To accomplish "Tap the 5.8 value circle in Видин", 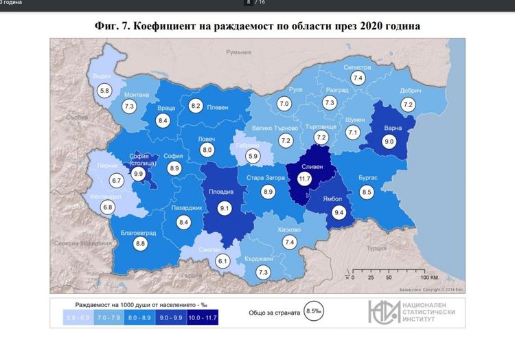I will tap(104, 91).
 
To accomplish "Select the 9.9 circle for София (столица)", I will tap(139, 175).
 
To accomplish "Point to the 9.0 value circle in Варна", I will tap(389, 142).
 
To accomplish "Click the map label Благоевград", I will tap(139, 233).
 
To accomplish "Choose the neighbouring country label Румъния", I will tap(240, 52).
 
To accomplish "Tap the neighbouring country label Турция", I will tap(377, 247).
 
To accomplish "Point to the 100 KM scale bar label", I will tap(429, 278).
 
